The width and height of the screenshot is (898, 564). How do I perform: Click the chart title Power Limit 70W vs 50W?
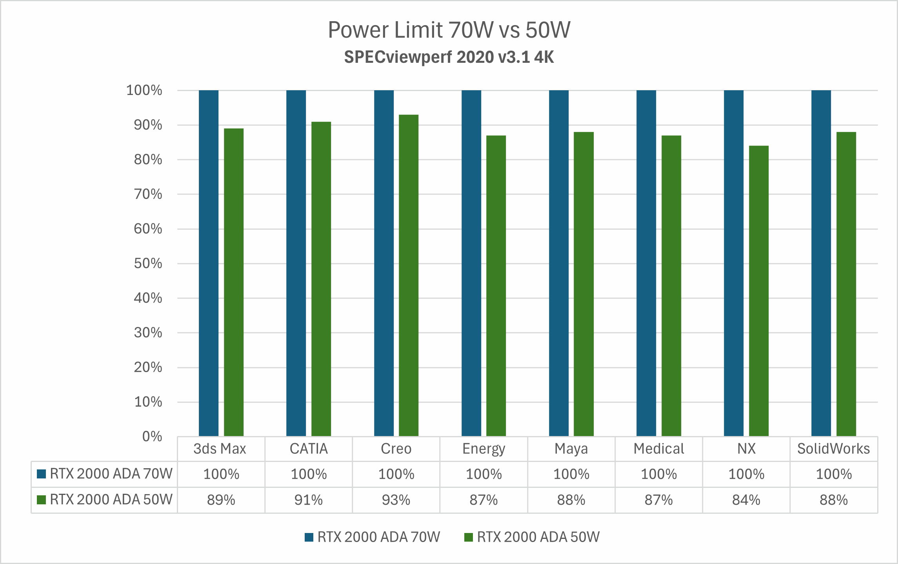pyautogui.click(x=449, y=30)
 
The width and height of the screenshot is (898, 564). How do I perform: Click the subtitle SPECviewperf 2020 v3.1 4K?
pyautogui.click(x=449, y=57)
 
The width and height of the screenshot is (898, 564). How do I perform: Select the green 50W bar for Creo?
pyautogui.click(x=409, y=275)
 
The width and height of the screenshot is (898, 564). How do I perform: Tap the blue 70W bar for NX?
pyautogui.click(x=734, y=263)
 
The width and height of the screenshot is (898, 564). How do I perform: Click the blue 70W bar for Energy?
pyautogui.click(x=471, y=263)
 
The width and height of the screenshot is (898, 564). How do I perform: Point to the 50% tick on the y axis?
pyautogui.click(x=148, y=263)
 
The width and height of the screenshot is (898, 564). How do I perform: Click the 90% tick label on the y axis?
pyautogui.click(x=148, y=125)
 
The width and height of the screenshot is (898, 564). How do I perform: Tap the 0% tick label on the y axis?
pyautogui.click(x=152, y=436)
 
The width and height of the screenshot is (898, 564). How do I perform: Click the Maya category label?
pyautogui.click(x=571, y=449)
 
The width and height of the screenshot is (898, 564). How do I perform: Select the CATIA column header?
pyautogui.click(x=309, y=449)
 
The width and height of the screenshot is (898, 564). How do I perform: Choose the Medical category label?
pyautogui.click(x=659, y=449)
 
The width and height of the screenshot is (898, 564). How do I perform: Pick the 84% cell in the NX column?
pyautogui.click(x=746, y=500)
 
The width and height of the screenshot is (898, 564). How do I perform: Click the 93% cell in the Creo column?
pyautogui.click(x=396, y=500)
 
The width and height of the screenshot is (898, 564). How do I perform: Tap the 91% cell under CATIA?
pyautogui.click(x=309, y=500)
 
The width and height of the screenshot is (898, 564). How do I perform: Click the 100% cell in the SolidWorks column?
pyautogui.click(x=834, y=474)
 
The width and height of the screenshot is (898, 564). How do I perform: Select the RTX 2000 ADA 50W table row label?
pyautogui.click(x=111, y=500)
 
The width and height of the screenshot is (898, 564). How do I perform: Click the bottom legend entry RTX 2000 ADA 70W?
pyautogui.click(x=378, y=537)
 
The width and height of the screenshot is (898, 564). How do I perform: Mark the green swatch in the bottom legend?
pyautogui.click(x=469, y=537)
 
